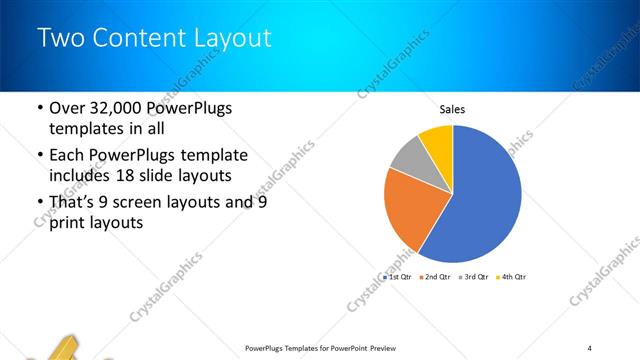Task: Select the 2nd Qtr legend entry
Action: tap(436, 276)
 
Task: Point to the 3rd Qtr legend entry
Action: tap(474, 276)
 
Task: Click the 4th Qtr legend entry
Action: tap(512, 276)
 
